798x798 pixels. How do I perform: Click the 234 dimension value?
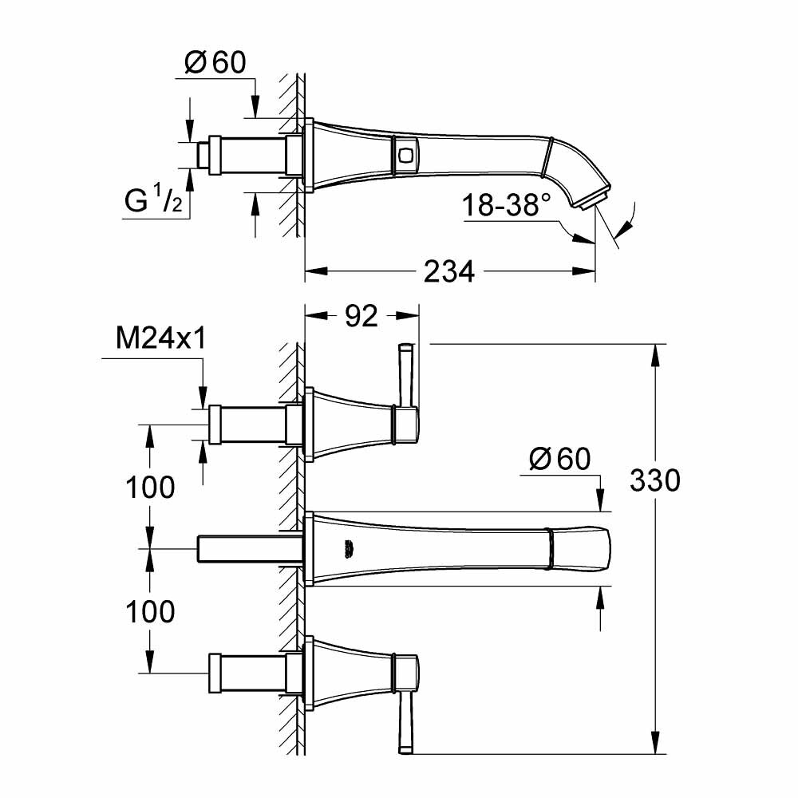[x=450, y=272]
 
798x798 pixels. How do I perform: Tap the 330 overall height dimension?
[x=654, y=480]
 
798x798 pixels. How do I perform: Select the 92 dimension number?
[x=361, y=317]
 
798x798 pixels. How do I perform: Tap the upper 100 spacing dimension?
[x=149, y=486]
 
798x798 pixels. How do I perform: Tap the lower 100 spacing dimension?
[x=149, y=612]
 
